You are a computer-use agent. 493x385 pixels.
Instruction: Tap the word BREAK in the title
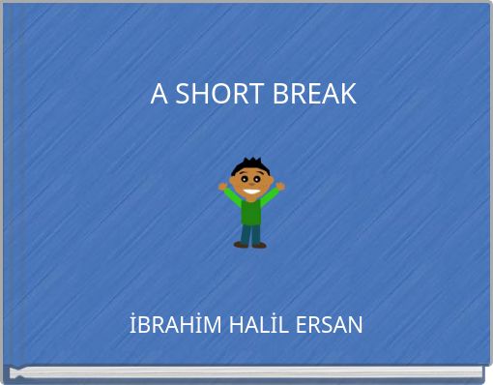pos(314,95)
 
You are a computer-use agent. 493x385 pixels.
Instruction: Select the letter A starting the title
pos(159,95)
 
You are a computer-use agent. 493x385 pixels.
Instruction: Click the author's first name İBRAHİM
pos(176,325)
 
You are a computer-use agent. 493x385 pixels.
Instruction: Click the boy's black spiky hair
pos(247,165)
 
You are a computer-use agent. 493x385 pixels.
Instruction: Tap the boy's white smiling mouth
pos(251,191)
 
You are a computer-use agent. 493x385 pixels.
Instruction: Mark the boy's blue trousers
pos(251,233)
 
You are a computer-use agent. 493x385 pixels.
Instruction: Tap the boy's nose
pos(251,185)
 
